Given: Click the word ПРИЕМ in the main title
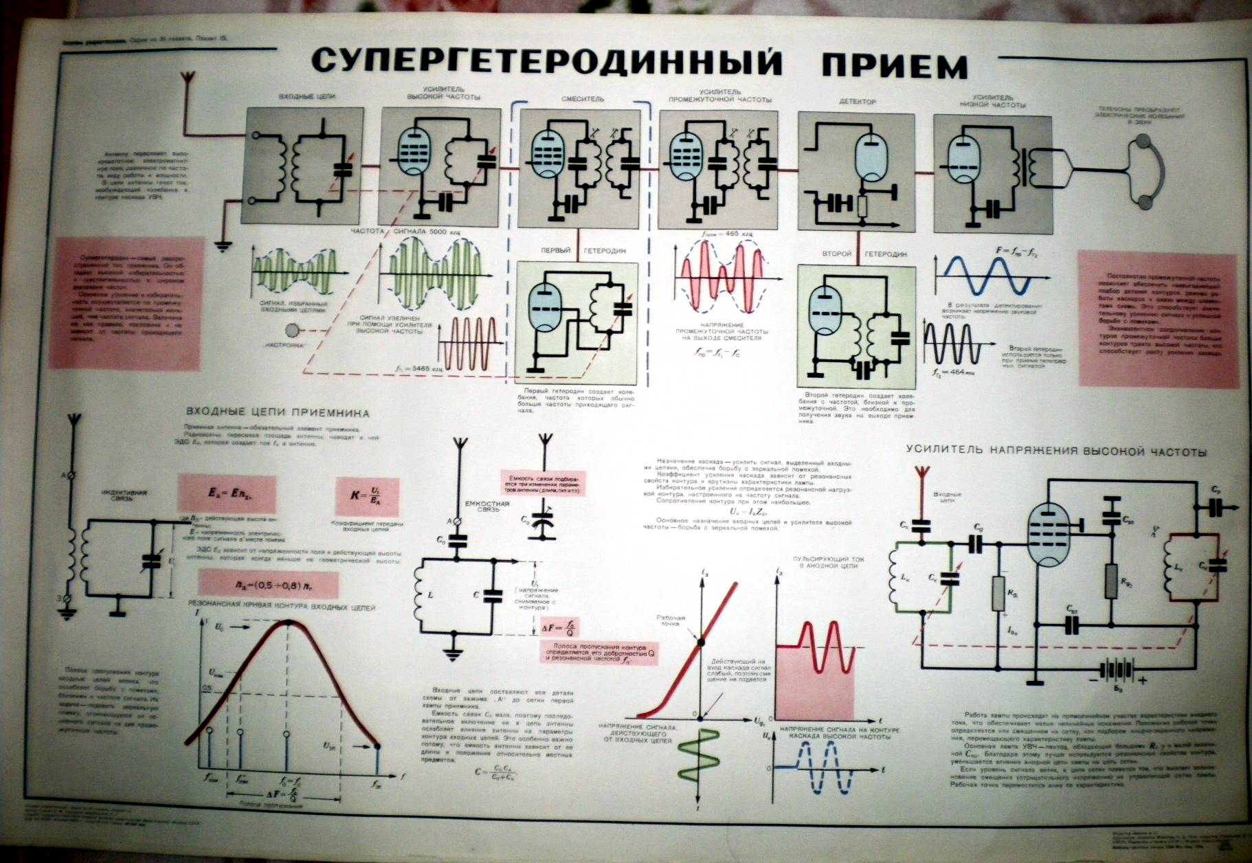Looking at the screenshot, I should click(x=893, y=66).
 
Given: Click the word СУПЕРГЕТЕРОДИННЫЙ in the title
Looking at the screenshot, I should click(x=546, y=62).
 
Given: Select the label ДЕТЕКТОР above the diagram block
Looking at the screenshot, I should click(x=857, y=102).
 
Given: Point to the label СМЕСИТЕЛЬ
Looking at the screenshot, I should click(x=582, y=99).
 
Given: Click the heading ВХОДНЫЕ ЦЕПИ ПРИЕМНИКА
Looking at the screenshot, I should click(x=278, y=414).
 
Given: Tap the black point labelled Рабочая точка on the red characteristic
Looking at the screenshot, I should click(x=700, y=642).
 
